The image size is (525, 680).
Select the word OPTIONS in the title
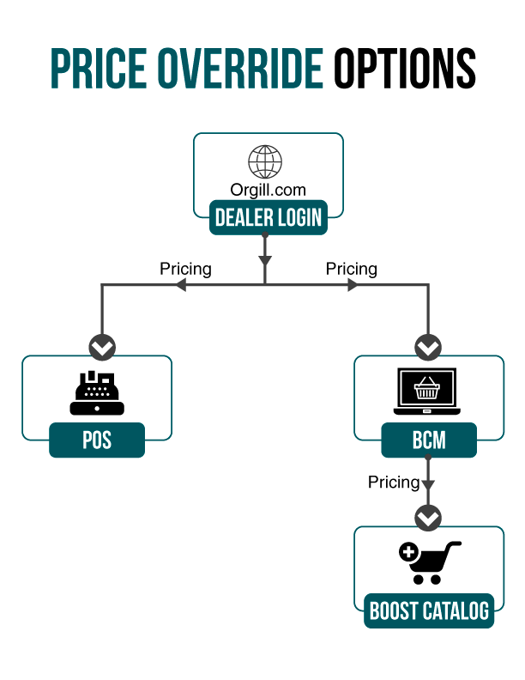coord(404,67)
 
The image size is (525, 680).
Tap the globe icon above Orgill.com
coord(265,162)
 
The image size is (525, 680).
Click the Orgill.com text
coord(268,190)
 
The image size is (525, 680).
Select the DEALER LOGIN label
coord(268,217)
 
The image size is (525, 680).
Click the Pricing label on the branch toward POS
coord(185,269)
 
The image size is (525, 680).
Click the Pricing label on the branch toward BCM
coord(351,269)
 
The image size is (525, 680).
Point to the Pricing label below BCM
coord(394,483)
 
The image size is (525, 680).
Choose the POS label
coord(97,441)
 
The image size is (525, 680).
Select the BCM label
coord(428,441)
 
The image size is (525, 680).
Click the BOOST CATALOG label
coord(429,611)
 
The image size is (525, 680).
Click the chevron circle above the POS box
coord(102,348)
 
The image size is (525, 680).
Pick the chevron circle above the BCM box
coord(428,348)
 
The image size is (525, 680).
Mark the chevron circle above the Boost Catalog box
coord(428,518)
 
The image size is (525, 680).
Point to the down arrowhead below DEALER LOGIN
coord(265,258)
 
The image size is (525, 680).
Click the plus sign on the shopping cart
coord(408,552)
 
